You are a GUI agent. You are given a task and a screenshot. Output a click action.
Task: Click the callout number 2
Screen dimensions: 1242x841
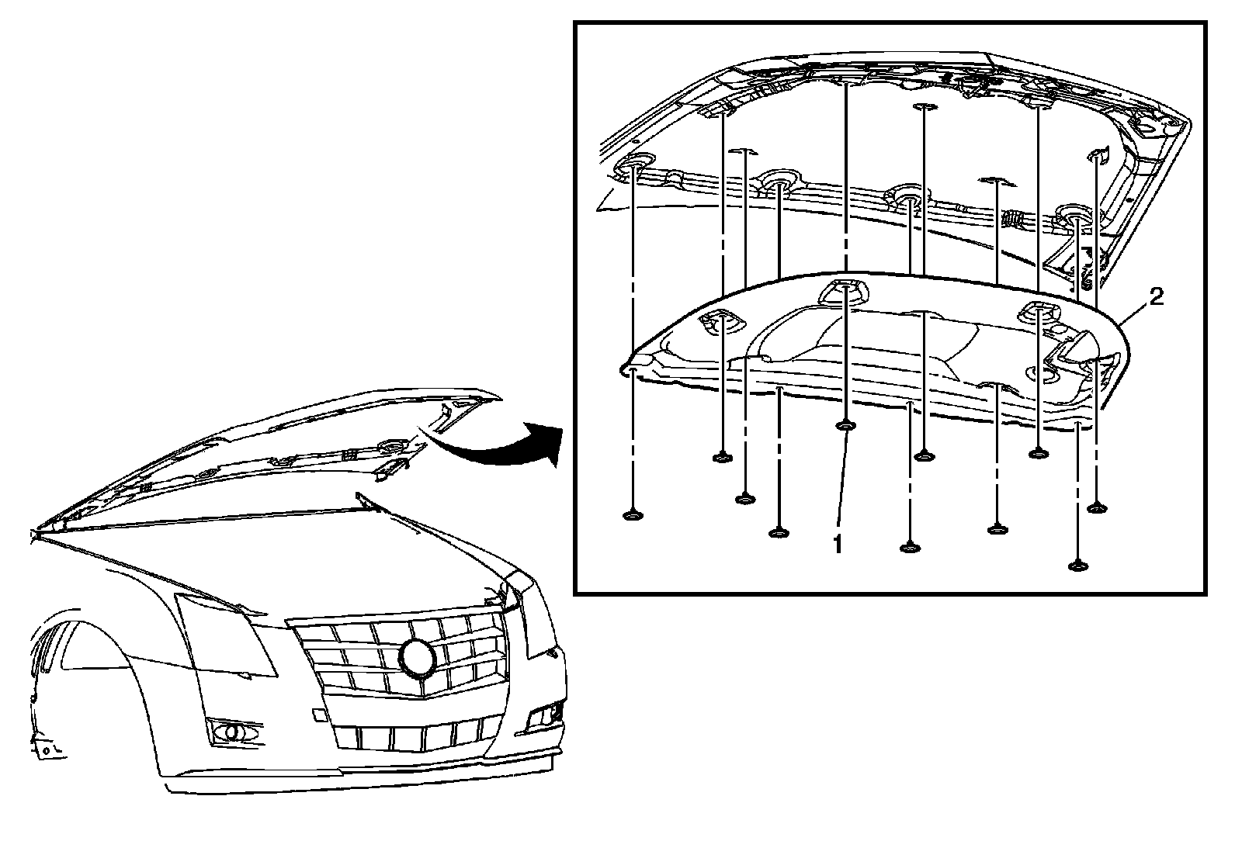pyautogui.click(x=1156, y=297)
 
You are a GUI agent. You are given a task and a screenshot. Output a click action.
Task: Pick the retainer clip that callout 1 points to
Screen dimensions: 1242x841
pyautogui.click(x=845, y=426)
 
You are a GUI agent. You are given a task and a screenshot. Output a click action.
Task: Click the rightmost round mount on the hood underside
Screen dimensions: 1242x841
pyautogui.click(x=1074, y=215)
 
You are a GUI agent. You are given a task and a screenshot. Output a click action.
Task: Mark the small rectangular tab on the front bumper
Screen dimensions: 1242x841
pyautogui.click(x=318, y=715)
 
